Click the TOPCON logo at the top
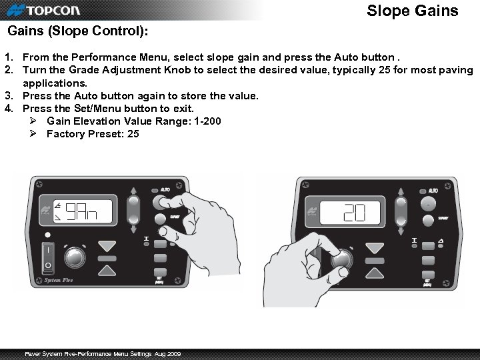pos(50,11)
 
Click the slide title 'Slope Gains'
pos(413,11)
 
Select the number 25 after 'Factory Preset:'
pos(133,134)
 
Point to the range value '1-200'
pos(204,121)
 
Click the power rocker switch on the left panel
pos(47,257)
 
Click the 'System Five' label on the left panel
pos(59,281)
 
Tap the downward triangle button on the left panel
pos(107,247)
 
